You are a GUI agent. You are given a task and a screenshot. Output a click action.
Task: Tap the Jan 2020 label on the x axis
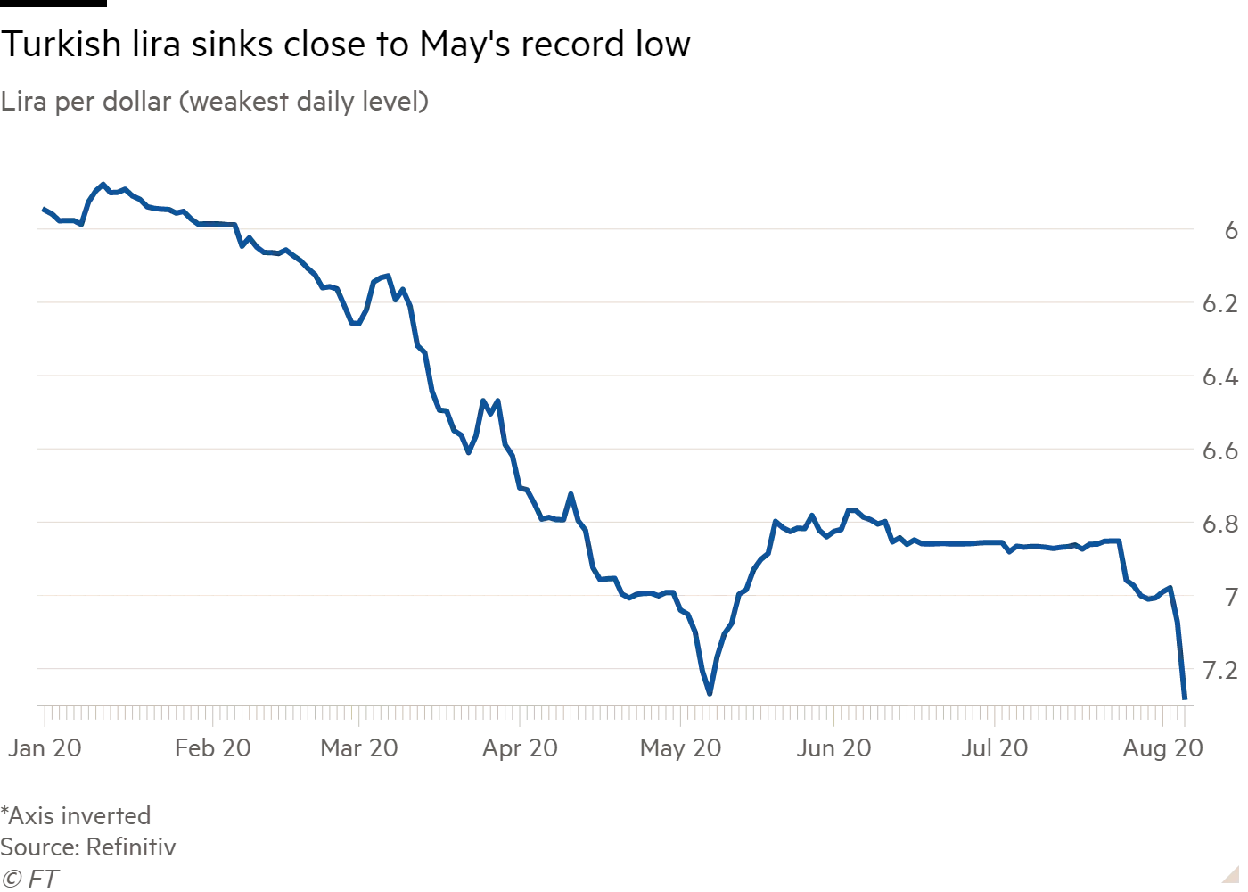(x=47, y=747)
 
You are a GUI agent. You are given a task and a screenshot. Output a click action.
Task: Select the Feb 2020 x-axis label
(x=218, y=747)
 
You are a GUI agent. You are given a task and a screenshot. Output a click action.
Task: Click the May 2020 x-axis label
(x=680, y=747)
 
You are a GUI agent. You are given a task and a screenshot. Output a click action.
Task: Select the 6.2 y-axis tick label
(x=1222, y=305)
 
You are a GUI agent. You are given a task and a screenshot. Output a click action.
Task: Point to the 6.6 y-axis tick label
(x=1222, y=452)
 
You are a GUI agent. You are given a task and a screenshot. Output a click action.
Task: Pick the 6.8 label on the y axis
(x=1222, y=524)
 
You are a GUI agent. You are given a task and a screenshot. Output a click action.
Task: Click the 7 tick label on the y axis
(x=1231, y=596)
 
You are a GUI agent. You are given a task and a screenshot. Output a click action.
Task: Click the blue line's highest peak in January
(x=102, y=184)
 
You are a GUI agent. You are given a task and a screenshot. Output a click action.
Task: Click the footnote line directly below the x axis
(x=78, y=814)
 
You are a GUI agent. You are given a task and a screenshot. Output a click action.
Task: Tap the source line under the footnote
(x=88, y=847)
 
